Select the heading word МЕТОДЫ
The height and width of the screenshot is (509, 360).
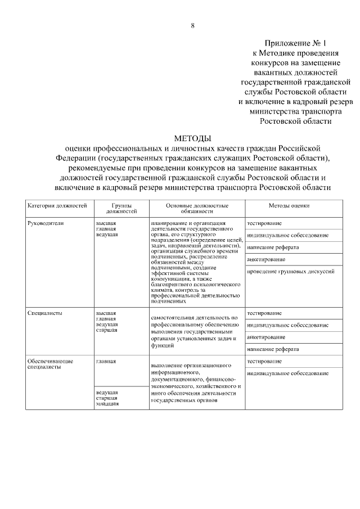click(x=192, y=138)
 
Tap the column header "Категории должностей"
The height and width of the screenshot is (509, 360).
click(x=57, y=206)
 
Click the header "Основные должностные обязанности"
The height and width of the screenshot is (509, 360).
click(x=197, y=209)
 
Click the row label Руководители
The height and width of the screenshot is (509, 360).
click(x=46, y=223)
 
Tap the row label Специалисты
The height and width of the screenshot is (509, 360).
click(x=44, y=313)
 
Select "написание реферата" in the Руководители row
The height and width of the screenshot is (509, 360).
click(x=273, y=247)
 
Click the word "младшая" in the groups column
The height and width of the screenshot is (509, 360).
click(x=107, y=404)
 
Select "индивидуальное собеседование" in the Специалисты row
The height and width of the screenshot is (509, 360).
click(x=287, y=325)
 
